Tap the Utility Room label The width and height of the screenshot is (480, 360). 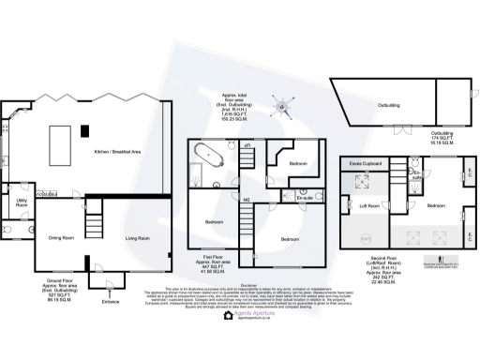tap(21, 202)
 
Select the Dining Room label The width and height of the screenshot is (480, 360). tap(61, 238)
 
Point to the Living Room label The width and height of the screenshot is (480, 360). tap(137, 238)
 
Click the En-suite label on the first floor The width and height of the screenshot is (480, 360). tap(304, 198)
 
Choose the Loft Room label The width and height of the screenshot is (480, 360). tap(368, 204)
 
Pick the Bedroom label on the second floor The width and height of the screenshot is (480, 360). tap(436, 204)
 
